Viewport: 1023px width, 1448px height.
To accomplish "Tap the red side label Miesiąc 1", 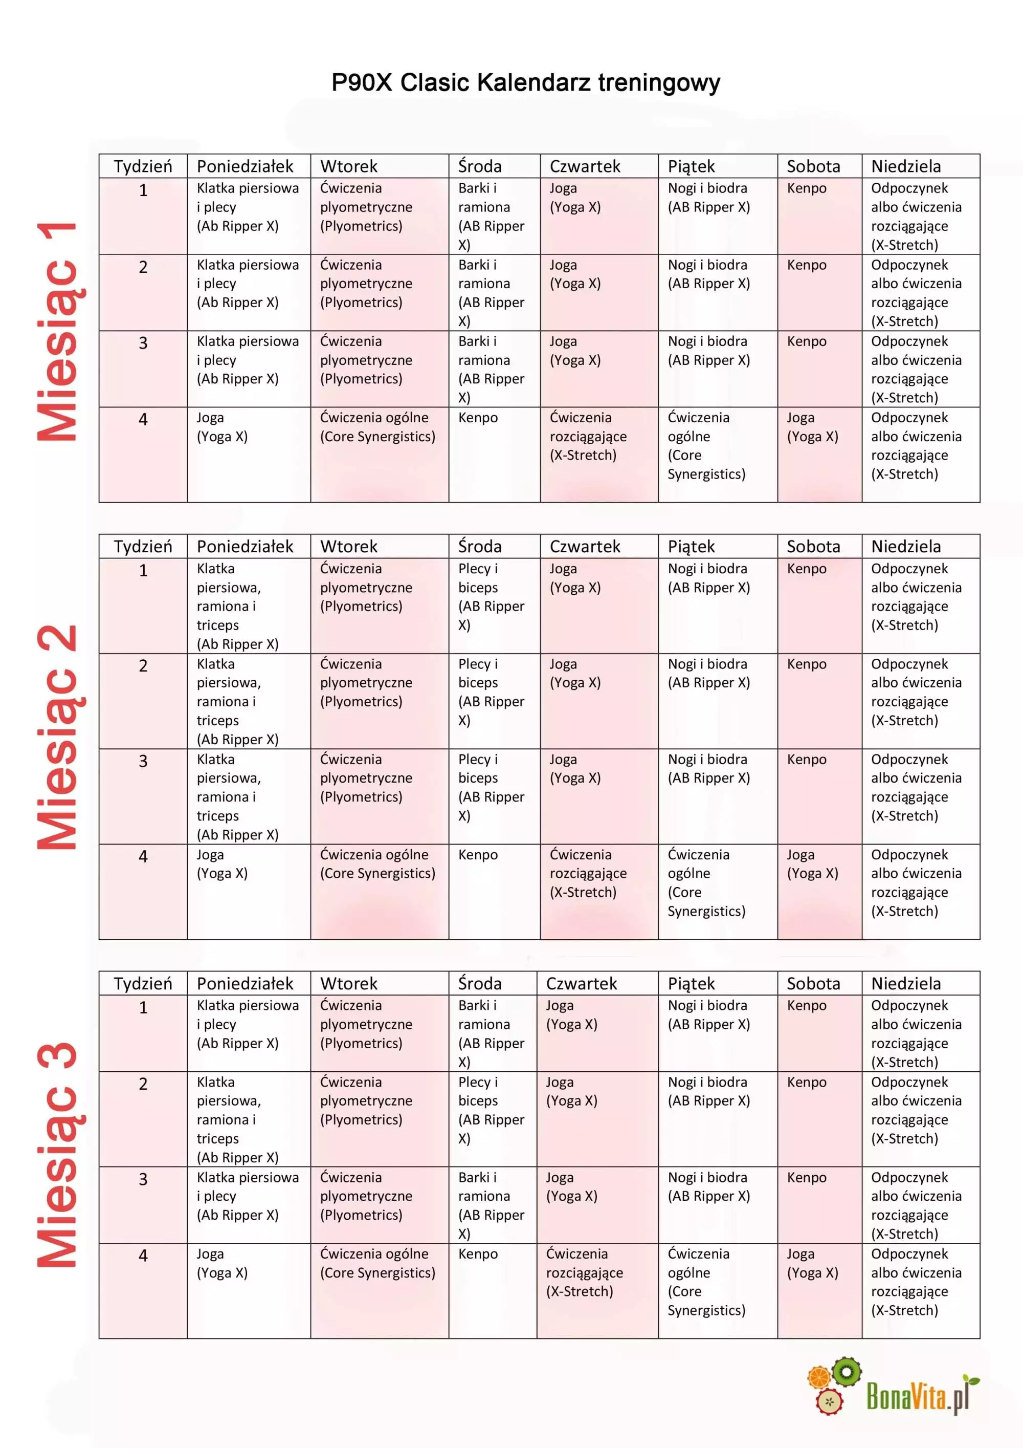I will point(58,332).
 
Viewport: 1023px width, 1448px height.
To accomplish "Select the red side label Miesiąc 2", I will point(58,737).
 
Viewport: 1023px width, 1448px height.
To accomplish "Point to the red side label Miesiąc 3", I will point(58,1154).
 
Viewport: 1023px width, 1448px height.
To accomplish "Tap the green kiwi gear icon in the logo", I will point(846,1372).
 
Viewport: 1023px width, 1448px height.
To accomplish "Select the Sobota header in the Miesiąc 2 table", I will point(813,546).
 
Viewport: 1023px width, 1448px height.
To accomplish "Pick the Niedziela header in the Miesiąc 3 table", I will point(906,983).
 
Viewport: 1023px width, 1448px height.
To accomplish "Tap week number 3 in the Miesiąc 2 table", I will point(143,761).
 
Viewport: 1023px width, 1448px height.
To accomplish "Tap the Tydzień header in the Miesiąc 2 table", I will point(143,546).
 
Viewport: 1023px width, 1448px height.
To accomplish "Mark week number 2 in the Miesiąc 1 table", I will point(143,267).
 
